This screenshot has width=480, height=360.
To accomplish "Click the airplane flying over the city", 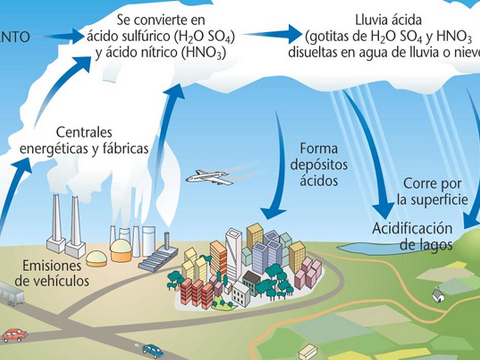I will [x=209, y=177].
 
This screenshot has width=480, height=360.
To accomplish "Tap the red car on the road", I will [x=14, y=335].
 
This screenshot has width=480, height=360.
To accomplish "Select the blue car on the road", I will [x=152, y=350].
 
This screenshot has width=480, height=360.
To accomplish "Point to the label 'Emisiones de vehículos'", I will [x=52, y=273].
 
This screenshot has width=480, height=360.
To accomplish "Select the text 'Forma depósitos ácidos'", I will [x=319, y=165].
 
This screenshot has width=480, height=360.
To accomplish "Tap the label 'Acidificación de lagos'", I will [x=412, y=236].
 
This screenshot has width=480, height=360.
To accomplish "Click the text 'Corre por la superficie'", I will [x=432, y=191].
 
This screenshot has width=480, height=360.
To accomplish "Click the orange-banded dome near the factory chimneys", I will [x=97, y=258].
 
